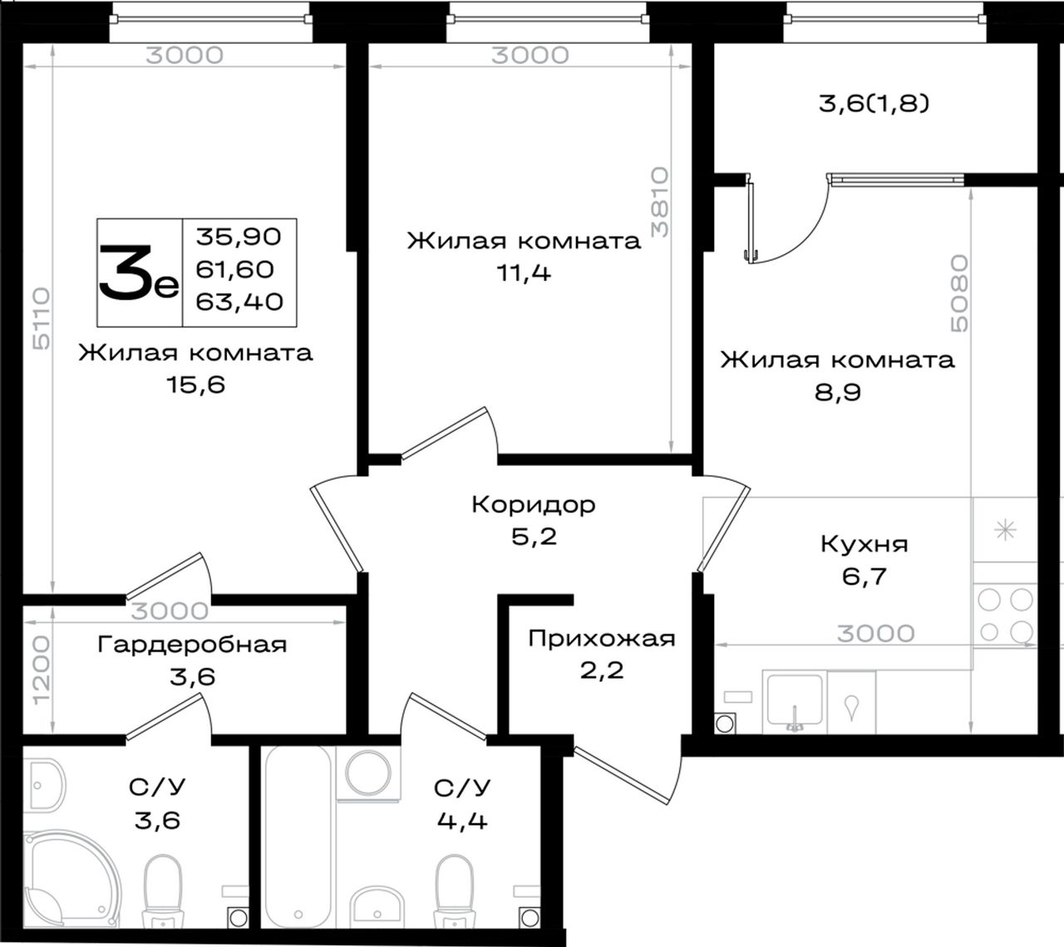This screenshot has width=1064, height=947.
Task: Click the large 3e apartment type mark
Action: (x=139, y=273)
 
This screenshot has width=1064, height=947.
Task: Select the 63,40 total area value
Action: (x=239, y=302)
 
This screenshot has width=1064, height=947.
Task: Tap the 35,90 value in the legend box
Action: (x=239, y=237)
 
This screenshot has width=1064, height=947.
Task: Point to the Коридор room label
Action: (x=534, y=504)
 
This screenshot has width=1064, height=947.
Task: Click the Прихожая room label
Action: (x=602, y=639)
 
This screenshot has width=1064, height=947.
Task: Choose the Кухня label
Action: (x=864, y=544)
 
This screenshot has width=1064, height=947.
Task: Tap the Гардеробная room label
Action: (x=192, y=645)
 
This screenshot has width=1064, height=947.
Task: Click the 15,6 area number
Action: (x=196, y=385)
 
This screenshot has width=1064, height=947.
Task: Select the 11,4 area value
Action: (x=525, y=273)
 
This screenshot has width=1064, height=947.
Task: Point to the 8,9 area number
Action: (x=838, y=392)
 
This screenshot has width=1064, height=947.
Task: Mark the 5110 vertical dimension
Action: (x=42, y=319)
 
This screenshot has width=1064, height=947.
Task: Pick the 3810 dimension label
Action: (x=660, y=202)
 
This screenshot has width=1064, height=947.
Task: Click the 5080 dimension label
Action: (x=959, y=293)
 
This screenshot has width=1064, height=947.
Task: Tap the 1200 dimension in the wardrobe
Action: (x=42, y=671)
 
